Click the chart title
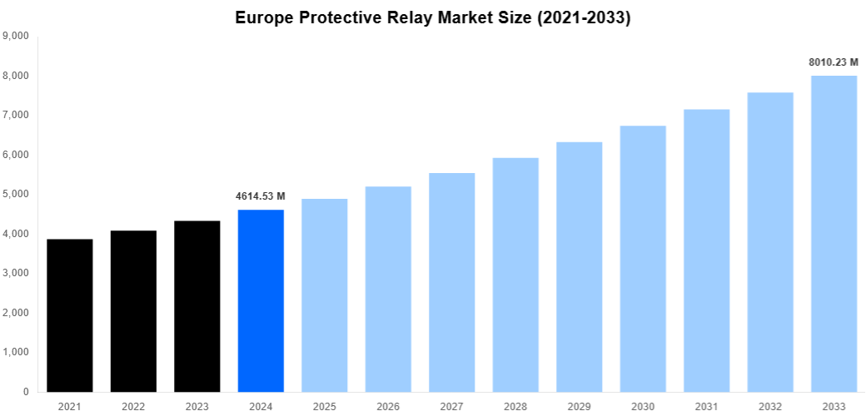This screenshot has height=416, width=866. pyautogui.click(x=433, y=17)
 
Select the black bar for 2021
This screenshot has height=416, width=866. pyautogui.click(x=70, y=315)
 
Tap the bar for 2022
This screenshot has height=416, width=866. pyautogui.click(x=133, y=311)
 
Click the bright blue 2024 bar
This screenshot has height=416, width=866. pyautogui.click(x=261, y=300)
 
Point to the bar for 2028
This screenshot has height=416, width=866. pyautogui.click(x=515, y=275)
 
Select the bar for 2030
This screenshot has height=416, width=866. pyautogui.click(x=643, y=259)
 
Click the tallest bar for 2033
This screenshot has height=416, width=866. pyautogui.click(x=834, y=234)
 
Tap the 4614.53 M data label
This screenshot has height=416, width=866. pyautogui.click(x=261, y=196)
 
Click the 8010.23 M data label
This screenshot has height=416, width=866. pyautogui.click(x=834, y=62)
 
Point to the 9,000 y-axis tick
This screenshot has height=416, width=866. pyautogui.click(x=17, y=36)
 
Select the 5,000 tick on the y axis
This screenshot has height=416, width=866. pyautogui.click(x=17, y=194)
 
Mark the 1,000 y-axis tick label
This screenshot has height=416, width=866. pyautogui.click(x=17, y=352)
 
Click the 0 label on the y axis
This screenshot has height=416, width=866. pyautogui.click(x=27, y=392)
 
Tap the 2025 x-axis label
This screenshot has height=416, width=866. pyautogui.click(x=325, y=406)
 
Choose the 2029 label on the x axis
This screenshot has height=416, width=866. pyautogui.click(x=579, y=406)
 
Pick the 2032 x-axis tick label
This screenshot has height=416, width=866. pyautogui.click(x=770, y=406)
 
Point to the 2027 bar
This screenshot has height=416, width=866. pyautogui.click(x=451, y=282)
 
